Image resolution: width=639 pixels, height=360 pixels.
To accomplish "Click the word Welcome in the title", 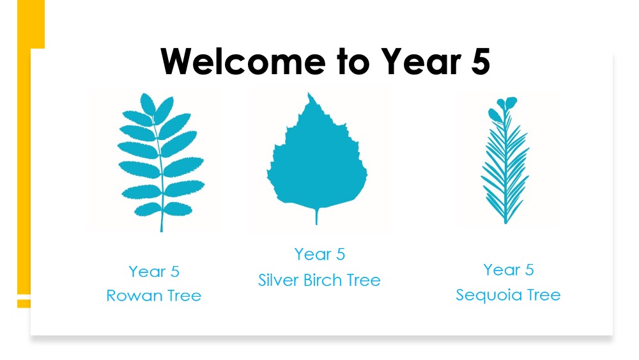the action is pyautogui.click(x=243, y=61).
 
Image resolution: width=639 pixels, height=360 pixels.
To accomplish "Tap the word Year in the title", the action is pyautogui.click(x=421, y=61).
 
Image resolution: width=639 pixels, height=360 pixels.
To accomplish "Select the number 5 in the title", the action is pyautogui.click(x=481, y=61).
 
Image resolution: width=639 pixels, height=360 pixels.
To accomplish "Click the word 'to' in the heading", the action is pyautogui.click(x=353, y=62).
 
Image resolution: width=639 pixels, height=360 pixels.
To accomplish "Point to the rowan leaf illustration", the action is pyautogui.click(x=161, y=162).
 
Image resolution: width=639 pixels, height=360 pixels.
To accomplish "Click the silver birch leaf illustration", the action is pyautogui.click(x=317, y=158).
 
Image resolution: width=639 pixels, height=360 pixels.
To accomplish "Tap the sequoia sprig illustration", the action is pyautogui.click(x=505, y=160).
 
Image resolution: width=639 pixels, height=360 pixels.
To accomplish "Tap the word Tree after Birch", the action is pyautogui.click(x=364, y=280).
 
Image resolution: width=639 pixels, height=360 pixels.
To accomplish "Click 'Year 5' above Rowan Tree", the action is pyautogui.click(x=154, y=272).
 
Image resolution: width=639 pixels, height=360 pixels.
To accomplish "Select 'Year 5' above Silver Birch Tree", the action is pyautogui.click(x=320, y=254).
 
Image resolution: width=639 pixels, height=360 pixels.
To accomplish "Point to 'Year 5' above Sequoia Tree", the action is pyautogui.click(x=509, y=269).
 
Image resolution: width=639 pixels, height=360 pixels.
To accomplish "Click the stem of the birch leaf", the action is pyautogui.click(x=317, y=215).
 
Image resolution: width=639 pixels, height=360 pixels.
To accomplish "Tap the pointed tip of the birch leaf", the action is pyautogui.click(x=309, y=95).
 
